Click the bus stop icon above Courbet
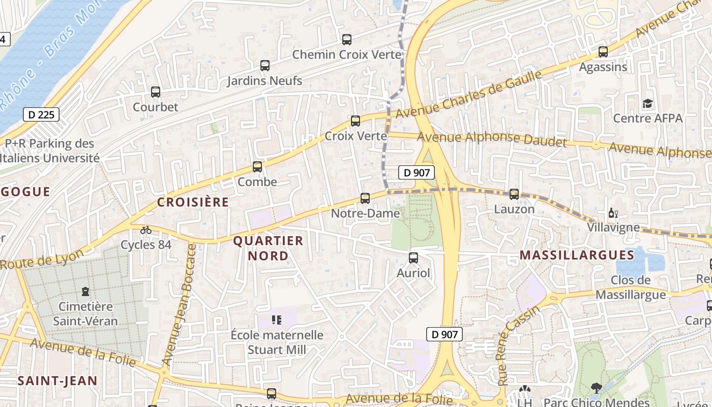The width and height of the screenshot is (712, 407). [x=156, y=92]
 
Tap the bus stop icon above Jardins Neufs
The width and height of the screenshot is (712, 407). [x=264, y=65]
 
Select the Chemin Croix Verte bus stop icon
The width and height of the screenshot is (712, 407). [x=347, y=39]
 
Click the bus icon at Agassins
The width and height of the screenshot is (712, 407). [x=603, y=51]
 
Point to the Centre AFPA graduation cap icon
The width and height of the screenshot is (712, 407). [x=647, y=104]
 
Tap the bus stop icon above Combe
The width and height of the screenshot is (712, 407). [x=257, y=166]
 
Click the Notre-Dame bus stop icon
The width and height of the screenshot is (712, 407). [x=365, y=198]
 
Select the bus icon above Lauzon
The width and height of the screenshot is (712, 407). [x=514, y=194]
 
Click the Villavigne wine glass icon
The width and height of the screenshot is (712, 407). [x=612, y=213]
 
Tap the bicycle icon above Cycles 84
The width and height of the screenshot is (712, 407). [x=146, y=230]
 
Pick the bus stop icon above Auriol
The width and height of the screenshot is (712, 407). [x=413, y=258]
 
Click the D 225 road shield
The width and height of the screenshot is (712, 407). [x=41, y=114]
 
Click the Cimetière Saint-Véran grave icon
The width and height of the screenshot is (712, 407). [x=85, y=292]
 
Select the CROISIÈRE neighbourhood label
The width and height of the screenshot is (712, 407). [x=193, y=202]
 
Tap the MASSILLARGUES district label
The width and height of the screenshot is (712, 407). [x=577, y=255]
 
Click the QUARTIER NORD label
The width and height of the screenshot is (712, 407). [x=268, y=248]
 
